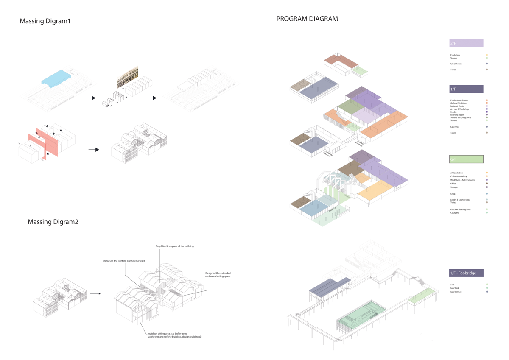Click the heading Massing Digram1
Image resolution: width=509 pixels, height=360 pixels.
(45, 21)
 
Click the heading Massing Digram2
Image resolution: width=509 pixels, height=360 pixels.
(53, 222)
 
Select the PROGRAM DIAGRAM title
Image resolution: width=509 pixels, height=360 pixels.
(307, 19)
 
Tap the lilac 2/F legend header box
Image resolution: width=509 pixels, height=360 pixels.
(466, 43)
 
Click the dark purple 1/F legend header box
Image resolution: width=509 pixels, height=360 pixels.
(466, 89)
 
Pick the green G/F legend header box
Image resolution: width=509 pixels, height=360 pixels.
(466, 159)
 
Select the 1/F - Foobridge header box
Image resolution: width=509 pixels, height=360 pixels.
(466, 273)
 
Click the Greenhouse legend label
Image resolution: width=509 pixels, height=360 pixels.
(456, 64)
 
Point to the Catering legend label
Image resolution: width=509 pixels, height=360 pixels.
(454, 127)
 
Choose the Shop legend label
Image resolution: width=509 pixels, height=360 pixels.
(453, 194)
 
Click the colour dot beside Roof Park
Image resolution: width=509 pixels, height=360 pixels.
(487, 288)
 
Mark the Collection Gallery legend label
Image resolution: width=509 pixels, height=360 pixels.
(459, 176)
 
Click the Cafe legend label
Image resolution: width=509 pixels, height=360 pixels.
(452, 285)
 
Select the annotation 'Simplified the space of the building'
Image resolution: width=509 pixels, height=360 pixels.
(174, 246)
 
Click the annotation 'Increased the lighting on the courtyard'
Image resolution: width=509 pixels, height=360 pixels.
(124, 261)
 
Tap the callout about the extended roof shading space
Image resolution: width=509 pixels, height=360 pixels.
(218, 275)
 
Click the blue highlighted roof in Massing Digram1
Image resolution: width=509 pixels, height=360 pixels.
(55, 78)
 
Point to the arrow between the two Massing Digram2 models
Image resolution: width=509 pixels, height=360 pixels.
(95, 293)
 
